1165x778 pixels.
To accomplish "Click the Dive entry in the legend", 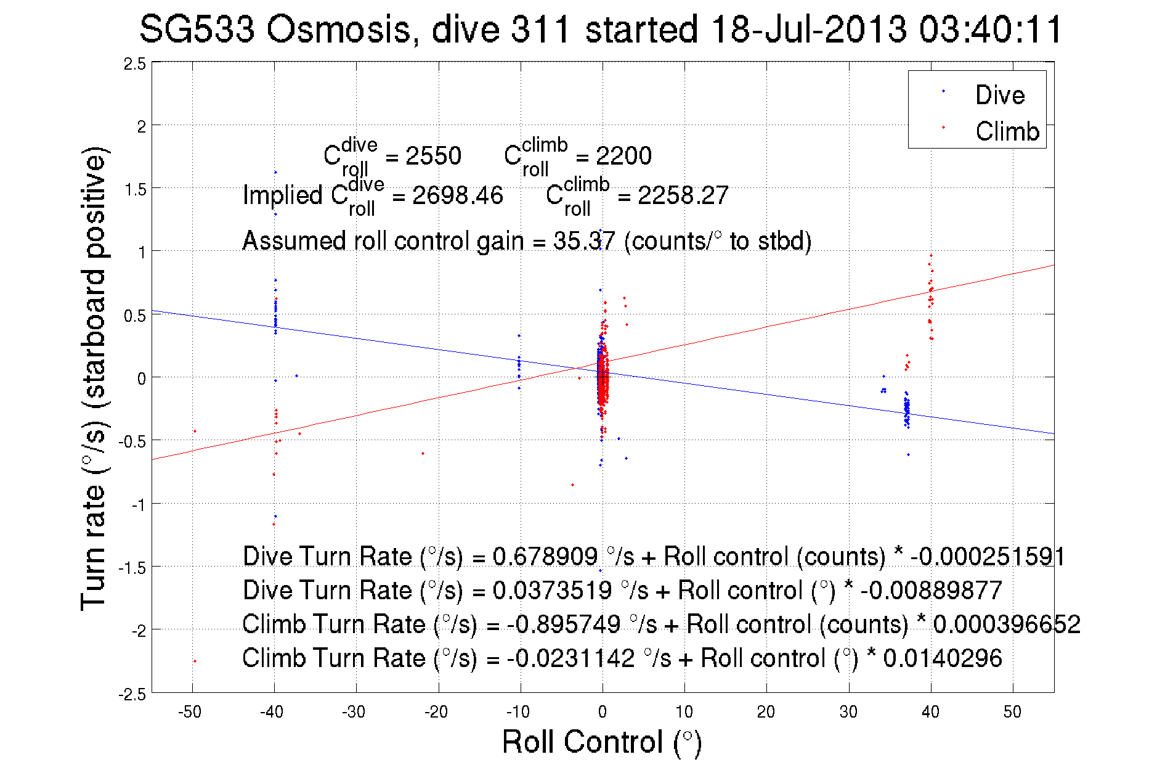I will point(999,95).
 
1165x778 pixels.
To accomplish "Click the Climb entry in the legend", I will point(1007,131).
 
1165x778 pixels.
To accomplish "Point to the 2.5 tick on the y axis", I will point(135,64).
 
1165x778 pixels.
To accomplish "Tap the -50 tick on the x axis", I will point(190,712).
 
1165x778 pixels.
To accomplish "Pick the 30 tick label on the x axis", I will point(848,712).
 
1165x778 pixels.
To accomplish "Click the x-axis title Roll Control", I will point(601,742).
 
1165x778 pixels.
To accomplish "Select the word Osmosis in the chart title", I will point(339,29).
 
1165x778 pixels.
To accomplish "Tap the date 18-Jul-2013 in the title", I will point(808,29).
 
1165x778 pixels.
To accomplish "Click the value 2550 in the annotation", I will point(433,156).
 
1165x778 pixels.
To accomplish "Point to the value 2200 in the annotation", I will point(623,156).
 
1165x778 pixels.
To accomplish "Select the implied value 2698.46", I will point(457,195).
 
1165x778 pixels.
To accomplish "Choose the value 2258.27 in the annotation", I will point(683,195).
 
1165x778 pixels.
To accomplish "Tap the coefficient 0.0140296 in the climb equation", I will point(943,658).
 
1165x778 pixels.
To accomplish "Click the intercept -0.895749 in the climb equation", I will point(564,624).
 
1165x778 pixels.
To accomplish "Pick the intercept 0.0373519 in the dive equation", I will point(552,590).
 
